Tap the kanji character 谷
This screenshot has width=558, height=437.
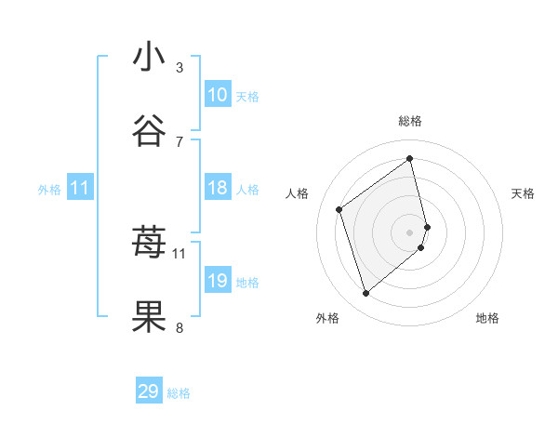pos(149,131)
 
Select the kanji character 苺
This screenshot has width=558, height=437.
pos(149,244)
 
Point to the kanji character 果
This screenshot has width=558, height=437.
pos(149,317)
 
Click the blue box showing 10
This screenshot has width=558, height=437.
pos(218,95)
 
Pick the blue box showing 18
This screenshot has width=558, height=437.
pos(218,188)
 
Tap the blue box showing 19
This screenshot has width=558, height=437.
pos(218,281)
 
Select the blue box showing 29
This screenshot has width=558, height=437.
pos(149,391)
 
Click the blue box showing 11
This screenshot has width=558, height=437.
pos(79,189)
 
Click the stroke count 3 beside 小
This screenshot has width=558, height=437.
pos(179,68)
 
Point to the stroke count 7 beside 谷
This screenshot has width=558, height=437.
pos(179,141)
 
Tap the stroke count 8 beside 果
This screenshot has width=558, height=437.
pos(179,327)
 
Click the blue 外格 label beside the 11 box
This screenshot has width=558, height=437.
pos(49,190)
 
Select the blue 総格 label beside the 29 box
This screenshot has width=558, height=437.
pos(179,394)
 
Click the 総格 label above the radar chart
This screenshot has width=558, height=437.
pos(410,121)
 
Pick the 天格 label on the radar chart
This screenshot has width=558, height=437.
pos(523,193)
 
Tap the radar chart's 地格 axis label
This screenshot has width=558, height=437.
pos(487,318)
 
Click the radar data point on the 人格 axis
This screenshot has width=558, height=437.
pos(339,209)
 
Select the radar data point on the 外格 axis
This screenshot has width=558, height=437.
pos(365,294)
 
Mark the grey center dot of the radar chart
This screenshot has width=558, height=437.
pos(410,232)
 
